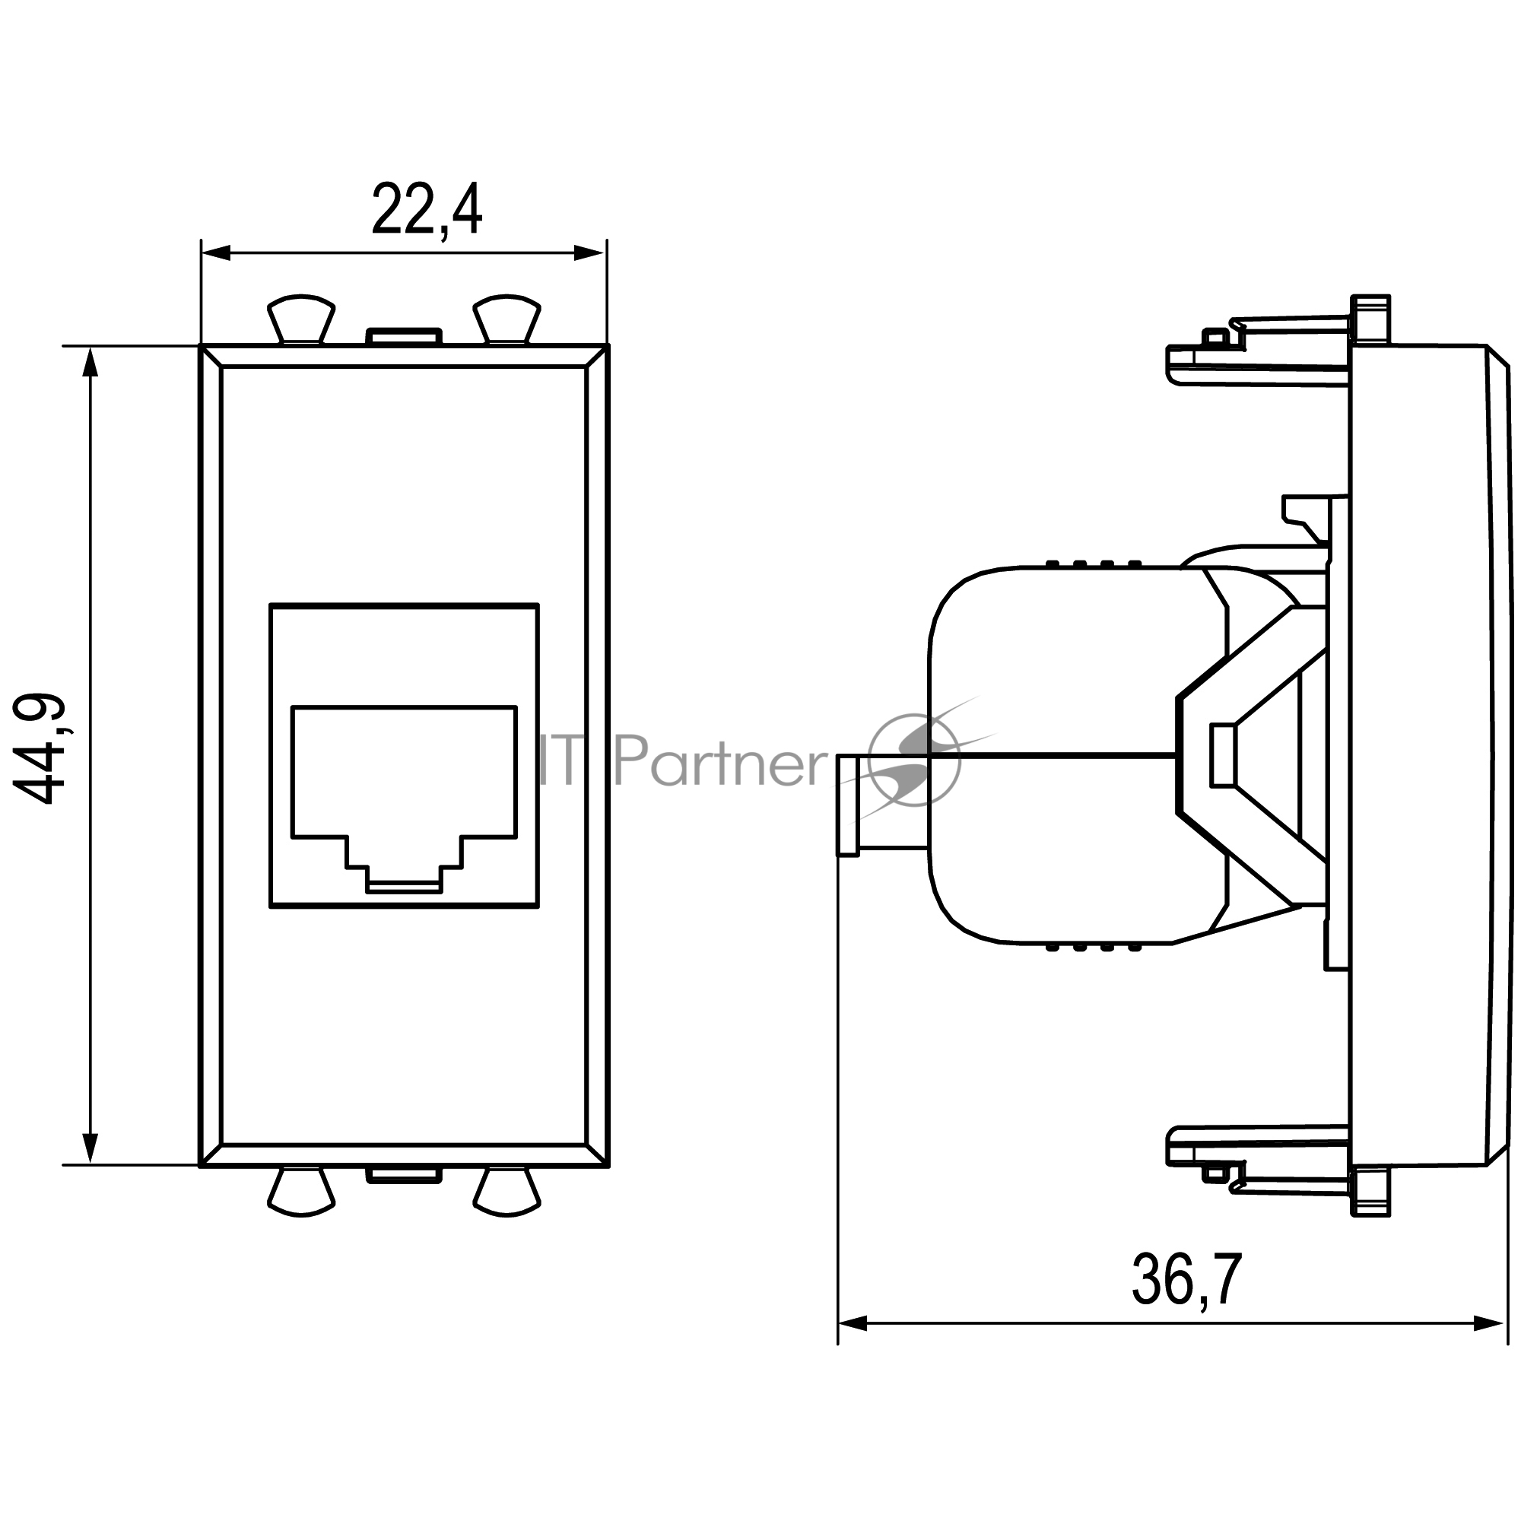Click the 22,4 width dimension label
[426, 210]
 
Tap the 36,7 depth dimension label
[1187, 1280]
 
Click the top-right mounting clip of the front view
[506, 319]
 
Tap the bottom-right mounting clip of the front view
[506, 1192]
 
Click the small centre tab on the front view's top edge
[404, 337]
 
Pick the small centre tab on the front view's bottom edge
[404, 1175]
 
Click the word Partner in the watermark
[719, 760]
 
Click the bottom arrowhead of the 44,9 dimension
[90, 1148]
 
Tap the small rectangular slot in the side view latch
[1222, 756]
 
